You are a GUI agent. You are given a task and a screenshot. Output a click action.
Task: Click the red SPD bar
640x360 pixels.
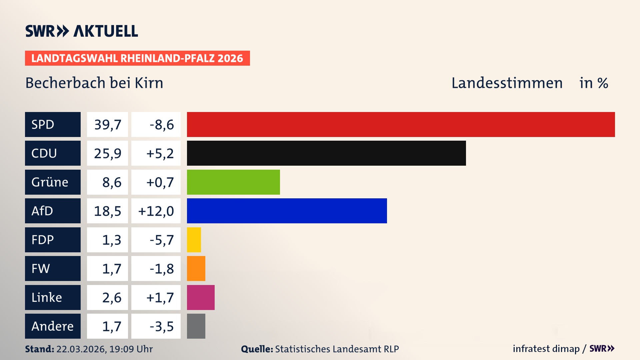[x=401, y=124]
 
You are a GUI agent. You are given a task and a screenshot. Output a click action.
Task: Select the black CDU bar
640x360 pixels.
[x=326, y=153]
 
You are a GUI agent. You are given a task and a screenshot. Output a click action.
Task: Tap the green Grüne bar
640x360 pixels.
[x=233, y=182]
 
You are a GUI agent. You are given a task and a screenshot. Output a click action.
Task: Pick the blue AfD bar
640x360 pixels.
[x=287, y=211]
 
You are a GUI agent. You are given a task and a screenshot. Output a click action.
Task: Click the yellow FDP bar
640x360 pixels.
[x=194, y=240]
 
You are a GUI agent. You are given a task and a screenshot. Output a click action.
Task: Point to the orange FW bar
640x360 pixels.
[x=196, y=268]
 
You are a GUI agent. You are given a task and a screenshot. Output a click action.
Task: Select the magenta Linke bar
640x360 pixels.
[x=201, y=297]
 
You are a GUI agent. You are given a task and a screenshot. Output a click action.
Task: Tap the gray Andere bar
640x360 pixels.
[x=196, y=326]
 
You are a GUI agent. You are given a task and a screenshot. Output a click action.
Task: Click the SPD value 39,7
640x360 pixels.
[x=107, y=124]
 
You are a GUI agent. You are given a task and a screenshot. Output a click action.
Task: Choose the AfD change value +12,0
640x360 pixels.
[x=156, y=211]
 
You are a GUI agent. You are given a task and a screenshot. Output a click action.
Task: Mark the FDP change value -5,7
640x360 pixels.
[x=162, y=240]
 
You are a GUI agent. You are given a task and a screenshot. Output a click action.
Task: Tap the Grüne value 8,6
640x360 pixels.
[x=111, y=182]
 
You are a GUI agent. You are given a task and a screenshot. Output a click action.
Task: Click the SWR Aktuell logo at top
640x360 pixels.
[x=82, y=31]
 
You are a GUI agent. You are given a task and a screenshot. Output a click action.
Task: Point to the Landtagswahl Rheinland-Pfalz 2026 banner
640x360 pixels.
[x=137, y=58]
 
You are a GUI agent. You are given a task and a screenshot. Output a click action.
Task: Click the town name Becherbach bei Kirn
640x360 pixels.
[x=94, y=83]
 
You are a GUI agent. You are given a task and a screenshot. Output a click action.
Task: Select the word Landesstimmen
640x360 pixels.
[x=507, y=83]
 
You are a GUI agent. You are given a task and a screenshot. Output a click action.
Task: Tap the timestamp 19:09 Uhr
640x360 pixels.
[x=131, y=349]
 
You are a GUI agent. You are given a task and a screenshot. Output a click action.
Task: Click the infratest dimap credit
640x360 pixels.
[x=546, y=349]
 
